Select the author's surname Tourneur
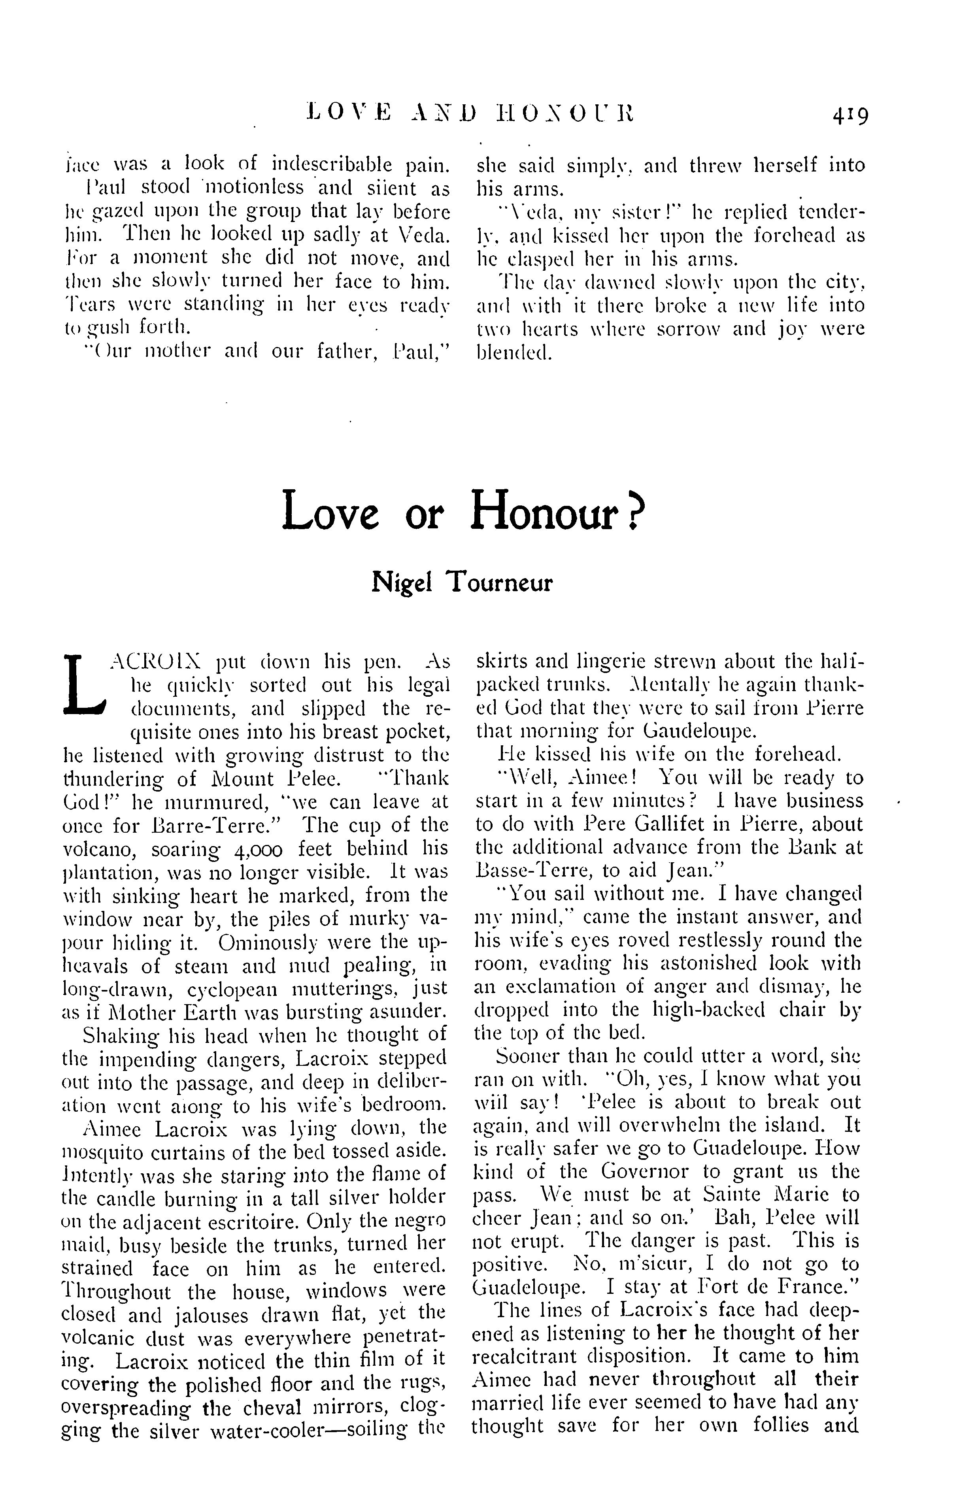[499, 583]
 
